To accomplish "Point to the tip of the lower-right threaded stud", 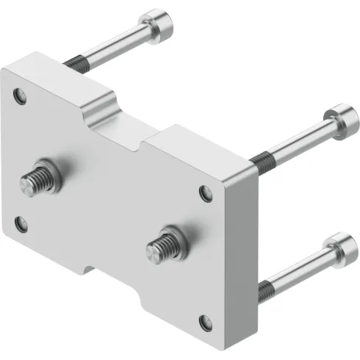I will [x=154, y=251].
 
